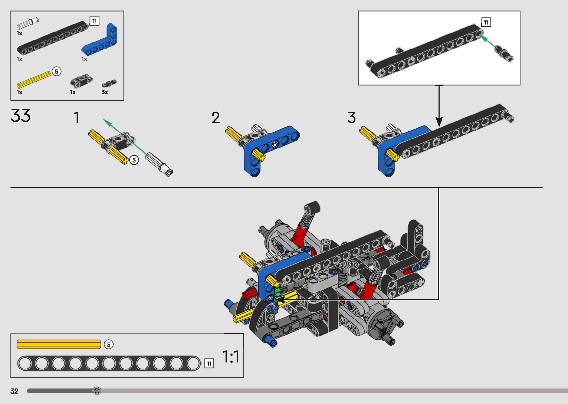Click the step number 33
pos(20,116)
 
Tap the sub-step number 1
pos(76,118)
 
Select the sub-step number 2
pos(216,118)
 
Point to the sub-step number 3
pos(351,118)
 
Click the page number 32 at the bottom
pos(14,391)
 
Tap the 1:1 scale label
pos(230,357)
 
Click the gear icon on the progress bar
pos(97,391)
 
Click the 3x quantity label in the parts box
pos(105,92)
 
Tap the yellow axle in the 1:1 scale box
pos(59,344)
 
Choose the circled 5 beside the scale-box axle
pos(108,344)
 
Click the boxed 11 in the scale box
pos(209,364)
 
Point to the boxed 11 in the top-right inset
pos(486,22)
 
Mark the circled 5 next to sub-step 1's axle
pos(134,160)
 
